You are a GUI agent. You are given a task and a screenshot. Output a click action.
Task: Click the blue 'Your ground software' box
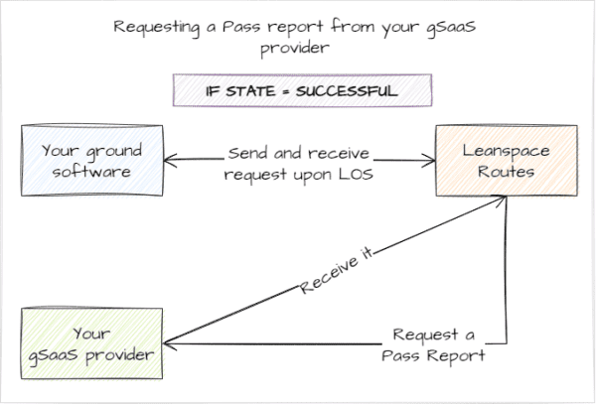click(92, 161)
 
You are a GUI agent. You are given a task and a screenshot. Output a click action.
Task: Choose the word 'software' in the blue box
click(92, 172)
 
